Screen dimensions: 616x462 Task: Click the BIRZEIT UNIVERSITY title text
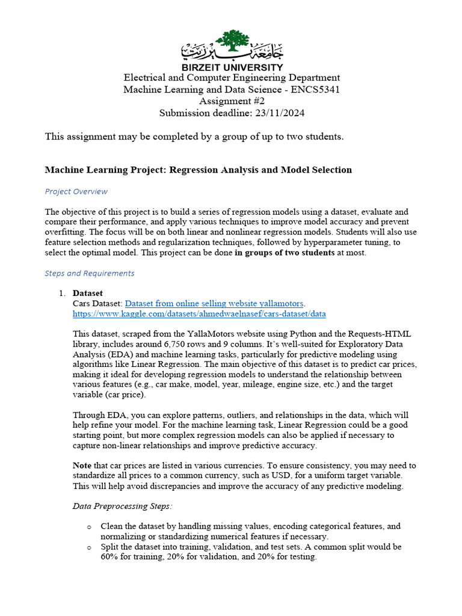coord(232,67)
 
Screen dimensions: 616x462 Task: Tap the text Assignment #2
coord(232,101)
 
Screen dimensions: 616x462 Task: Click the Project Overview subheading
coord(76,191)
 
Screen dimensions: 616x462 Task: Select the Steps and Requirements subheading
coord(90,273)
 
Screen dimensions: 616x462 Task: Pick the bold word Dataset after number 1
coord(88,293)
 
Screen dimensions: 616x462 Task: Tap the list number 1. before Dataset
coord(61,293)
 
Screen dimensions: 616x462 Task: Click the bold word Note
coord(82,466)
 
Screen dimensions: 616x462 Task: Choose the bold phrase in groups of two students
coord(285,253)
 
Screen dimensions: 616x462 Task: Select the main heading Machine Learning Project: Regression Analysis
coord(198,170)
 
